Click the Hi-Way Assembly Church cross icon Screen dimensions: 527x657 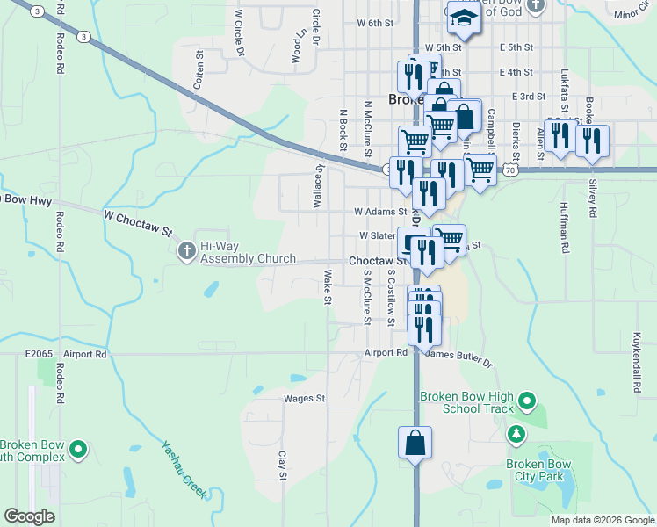pos(186,252)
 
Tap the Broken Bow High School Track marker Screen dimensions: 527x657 pos(527,402)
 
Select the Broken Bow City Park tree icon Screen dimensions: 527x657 pos(516,434)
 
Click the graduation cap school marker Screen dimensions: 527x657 pos(460,17)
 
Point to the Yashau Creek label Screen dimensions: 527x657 pos(184,469)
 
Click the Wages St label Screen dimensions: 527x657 pos(304,398)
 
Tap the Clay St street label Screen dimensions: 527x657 pos(283,466)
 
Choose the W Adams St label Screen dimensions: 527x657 pos(380,212)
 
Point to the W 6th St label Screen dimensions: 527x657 pos(375,23)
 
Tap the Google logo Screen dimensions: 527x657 pos(29,516)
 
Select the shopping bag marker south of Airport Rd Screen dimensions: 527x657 pos(415,444)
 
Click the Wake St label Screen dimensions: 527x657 pos(327,287)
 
